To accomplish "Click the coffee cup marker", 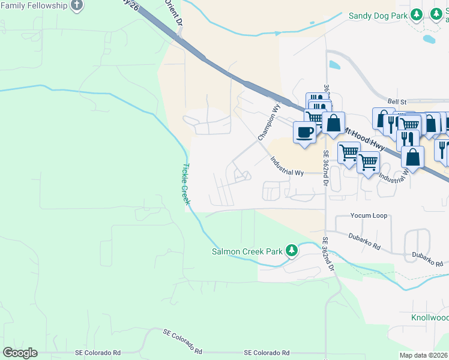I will pos(304,131).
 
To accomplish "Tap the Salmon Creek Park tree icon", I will pos(292,250).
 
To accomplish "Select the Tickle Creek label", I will pos(186,184).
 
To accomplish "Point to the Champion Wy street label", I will pos(269,123).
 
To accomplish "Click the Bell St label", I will pos(397,102).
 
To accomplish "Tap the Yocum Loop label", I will pos(369,215).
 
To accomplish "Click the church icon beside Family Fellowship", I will pos(76,5).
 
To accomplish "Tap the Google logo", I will pos(19,353).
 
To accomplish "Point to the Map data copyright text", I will pos(424,355).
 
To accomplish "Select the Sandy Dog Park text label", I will pos(377,16).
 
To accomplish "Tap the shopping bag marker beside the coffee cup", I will pos(333,122).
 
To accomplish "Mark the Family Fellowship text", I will pos(34,5).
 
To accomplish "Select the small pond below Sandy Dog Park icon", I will pos(429,40).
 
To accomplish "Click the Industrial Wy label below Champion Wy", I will pos(286,166).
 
